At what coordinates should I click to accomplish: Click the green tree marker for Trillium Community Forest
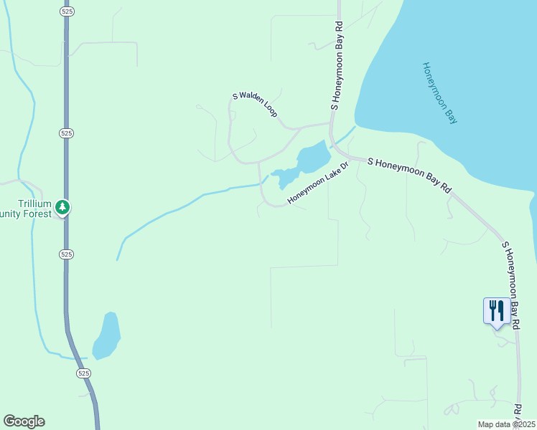coord(63,208)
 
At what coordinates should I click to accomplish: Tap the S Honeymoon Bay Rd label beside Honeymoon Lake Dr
coord(409,175)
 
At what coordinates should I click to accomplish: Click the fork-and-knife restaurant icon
coord(497,311)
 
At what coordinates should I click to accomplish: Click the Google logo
coord(24,421)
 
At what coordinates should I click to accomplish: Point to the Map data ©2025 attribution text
coord(505,424)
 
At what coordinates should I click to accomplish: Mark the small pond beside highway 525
coord(108,335)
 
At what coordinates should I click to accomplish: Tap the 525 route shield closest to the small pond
coord(84,373)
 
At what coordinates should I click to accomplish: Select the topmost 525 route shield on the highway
coord(66,12)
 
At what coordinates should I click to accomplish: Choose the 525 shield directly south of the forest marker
coord(66,254)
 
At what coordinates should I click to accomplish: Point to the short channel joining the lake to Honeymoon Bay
coord(343,136)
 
